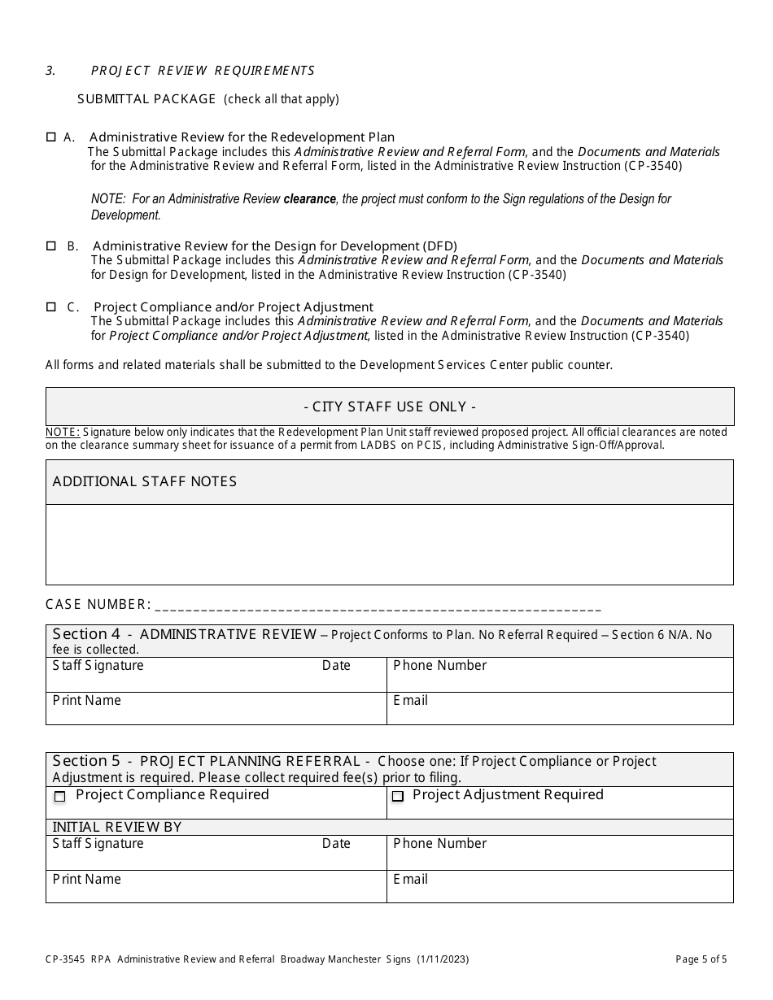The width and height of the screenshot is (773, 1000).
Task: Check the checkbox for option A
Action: coord(50,137)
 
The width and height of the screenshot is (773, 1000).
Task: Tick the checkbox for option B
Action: coord(50,246)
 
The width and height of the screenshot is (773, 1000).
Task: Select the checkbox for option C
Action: coord(50,307)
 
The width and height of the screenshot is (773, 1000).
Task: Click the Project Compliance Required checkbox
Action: coord(59,797)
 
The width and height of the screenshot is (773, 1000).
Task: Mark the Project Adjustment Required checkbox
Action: coord(397,797)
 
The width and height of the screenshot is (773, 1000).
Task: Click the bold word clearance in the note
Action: coord(309,198)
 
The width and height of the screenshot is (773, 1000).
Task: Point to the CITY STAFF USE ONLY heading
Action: coord(389,407)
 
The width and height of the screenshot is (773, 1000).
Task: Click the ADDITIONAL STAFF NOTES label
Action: coord(145,481)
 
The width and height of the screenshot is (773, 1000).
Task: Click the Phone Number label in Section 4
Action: coord(439,665)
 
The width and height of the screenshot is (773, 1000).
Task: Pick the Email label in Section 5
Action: coord(410,879)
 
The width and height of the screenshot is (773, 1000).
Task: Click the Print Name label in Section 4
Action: coord(86,700)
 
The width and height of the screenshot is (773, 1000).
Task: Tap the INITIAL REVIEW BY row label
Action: coord(116,827)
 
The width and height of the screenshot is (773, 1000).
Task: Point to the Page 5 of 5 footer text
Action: coord(701,959)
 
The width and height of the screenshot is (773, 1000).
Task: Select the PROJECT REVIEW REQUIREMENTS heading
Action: coord(203,71)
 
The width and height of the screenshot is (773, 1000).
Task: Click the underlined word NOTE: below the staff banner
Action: coord(63,433)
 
